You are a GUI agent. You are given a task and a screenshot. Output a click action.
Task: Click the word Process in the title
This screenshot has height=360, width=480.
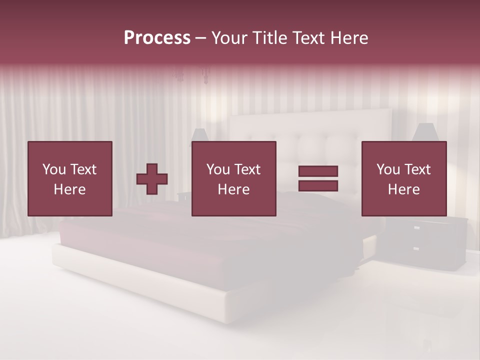157,38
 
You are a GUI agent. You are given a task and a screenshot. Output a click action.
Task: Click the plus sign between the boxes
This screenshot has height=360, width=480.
152,179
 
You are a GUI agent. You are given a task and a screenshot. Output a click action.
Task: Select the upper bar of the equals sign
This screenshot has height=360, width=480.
318,171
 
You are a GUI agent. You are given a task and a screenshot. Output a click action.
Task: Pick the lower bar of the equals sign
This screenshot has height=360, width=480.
318,185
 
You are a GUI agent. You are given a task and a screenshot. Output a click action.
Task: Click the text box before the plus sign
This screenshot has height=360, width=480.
70,178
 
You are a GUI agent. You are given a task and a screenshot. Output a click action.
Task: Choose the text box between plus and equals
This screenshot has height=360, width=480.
233,178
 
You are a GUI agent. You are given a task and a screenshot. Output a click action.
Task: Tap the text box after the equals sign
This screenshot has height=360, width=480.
404,178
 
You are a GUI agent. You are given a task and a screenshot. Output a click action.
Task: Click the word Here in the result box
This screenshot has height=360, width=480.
403,189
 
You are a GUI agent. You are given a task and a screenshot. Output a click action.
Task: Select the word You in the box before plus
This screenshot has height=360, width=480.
54,169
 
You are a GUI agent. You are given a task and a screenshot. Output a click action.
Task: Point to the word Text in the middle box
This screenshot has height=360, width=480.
247,169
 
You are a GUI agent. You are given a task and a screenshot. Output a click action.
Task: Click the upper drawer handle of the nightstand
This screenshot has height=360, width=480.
416,227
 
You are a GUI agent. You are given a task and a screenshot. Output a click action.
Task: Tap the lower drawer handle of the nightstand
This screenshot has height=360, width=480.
416,248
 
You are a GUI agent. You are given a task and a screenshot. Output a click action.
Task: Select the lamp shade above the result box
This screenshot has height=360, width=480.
425,132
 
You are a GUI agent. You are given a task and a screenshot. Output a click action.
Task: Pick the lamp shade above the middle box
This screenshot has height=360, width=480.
199,134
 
